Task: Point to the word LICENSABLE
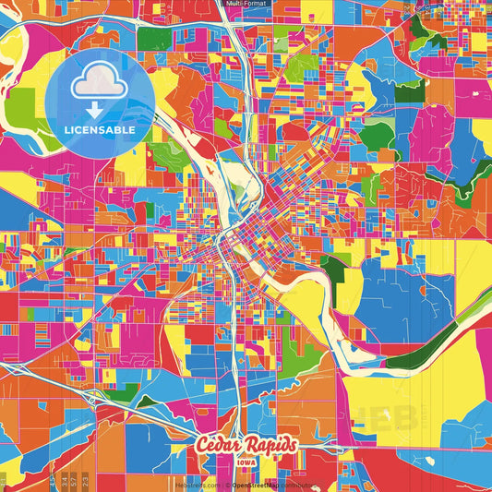pyautogui.click(x=100, y=130)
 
